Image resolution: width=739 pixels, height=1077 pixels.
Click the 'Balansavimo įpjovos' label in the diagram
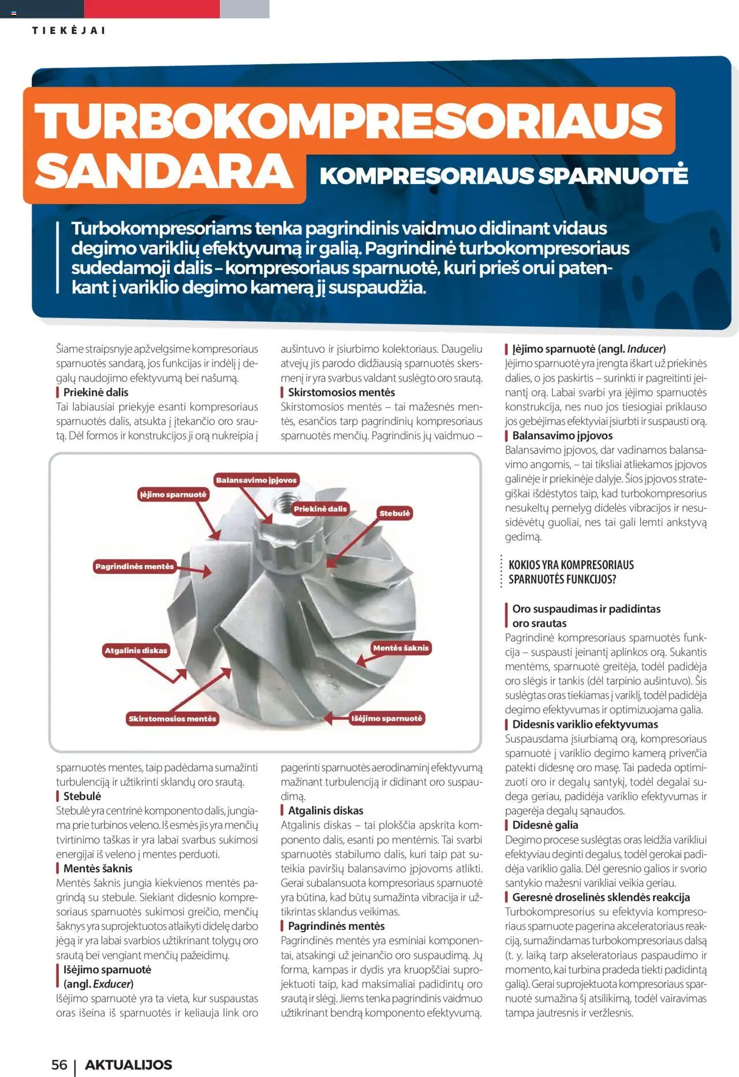pos(256,480)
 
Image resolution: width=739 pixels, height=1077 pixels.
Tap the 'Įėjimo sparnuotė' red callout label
pos(173,495)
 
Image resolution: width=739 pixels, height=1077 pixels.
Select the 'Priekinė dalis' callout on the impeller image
pos(320,509)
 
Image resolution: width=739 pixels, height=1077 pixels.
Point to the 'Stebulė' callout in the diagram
pos(394,513)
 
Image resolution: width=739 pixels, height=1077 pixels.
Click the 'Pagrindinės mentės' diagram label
pos(135,567)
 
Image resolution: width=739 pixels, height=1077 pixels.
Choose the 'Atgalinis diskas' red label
pos(136,650)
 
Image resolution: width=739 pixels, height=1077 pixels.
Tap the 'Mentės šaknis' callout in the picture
pos(401,648)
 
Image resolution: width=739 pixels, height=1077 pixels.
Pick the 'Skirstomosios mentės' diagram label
pos(173,719)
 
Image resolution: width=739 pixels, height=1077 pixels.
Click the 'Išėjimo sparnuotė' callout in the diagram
pos(387,719)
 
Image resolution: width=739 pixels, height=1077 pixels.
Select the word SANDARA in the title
pos(164,172)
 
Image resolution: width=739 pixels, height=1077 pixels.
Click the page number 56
pos(59,1065)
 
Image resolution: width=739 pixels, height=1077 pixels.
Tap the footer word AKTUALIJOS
pos(129,1065)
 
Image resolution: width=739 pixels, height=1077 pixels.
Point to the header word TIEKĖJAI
pos(69,31)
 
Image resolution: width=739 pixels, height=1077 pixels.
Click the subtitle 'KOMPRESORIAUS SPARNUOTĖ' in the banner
pos(503,175)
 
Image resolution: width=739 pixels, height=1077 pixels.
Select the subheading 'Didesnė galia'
pos(545,825)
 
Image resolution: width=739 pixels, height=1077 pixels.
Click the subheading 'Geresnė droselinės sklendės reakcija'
pos(600,897)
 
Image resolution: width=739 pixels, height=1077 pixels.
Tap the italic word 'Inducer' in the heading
pos(645,349)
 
